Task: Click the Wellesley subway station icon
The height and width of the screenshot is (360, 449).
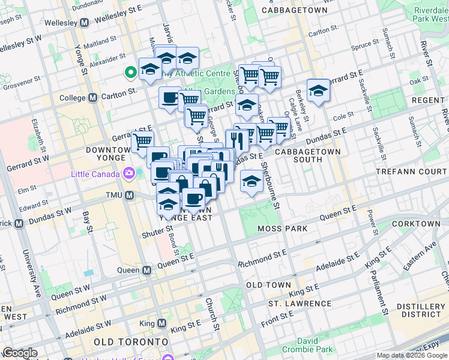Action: tap(84, 23)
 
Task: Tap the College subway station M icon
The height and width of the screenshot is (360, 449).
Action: tap(93, 98)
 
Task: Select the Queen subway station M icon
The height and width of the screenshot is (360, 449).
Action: tap(146, 270)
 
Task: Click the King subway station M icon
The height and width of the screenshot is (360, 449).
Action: tap(161, 323)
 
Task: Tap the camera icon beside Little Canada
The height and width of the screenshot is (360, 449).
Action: tap(128, 174)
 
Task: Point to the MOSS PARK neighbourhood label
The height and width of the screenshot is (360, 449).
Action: tap(282, 229)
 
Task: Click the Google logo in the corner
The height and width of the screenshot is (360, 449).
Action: tap(20, 353)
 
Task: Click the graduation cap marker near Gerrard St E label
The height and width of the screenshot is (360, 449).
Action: tap(318, 91)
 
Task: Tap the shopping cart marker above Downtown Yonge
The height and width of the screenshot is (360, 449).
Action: tap(142, 142)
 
